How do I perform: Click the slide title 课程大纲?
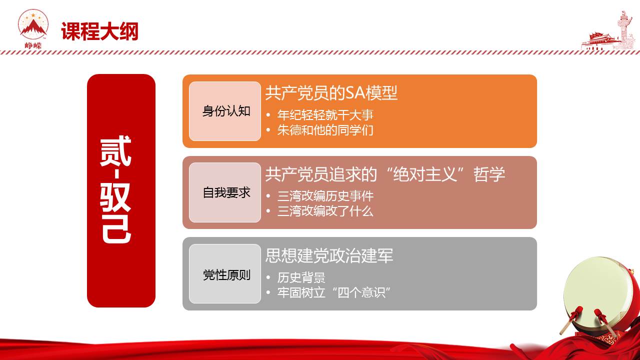point(99,31)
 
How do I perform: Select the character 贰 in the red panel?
point(115,151)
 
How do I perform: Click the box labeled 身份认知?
point(225,111)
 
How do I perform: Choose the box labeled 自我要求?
point(225,192)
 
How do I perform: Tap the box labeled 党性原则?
point(225,273)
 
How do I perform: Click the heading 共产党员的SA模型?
point(331,93)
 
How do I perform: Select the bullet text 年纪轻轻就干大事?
point(325,115)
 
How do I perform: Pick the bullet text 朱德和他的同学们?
point(325,130)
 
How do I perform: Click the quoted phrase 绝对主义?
point(425,174)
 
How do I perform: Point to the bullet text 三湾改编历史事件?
point(325,196)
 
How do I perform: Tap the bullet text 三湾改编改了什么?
point(325,211)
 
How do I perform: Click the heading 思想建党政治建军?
point(329,255)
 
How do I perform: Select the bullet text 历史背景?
point(301,277)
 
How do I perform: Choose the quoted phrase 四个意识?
point(361,292)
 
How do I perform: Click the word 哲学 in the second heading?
point(489,174)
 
